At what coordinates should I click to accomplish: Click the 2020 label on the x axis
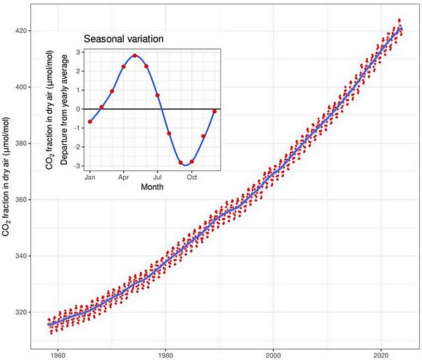[381, 354]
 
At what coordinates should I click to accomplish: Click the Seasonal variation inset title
[124, 39]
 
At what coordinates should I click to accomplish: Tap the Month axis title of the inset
[152, 187]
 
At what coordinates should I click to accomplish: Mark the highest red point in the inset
[134, 56]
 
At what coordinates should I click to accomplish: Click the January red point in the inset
[90, 122]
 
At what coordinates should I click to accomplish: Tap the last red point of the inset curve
[214, 111]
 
